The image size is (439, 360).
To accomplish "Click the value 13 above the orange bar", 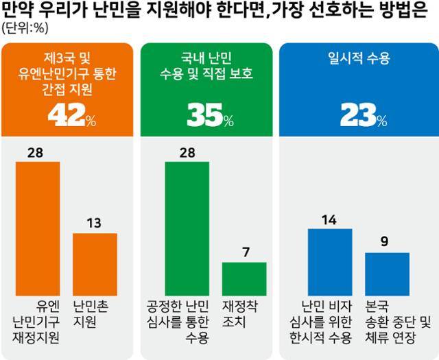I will click(x=95, y=224).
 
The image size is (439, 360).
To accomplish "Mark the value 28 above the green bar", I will click(x=187, y=152).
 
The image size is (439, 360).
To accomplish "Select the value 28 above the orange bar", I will click(x=38, y=152).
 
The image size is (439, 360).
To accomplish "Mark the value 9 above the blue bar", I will click(x=387, y=241).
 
